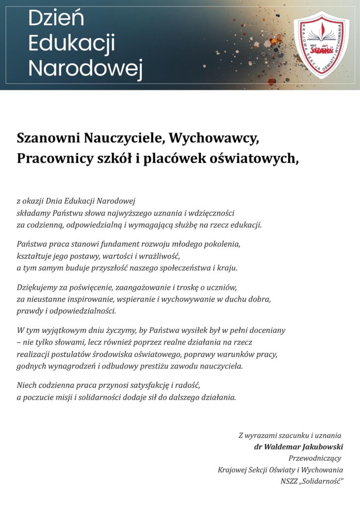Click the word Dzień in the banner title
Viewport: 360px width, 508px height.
coord(56,19)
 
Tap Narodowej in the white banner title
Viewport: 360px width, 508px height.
coord(85,68)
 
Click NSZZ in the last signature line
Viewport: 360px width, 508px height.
coord(289,481)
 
